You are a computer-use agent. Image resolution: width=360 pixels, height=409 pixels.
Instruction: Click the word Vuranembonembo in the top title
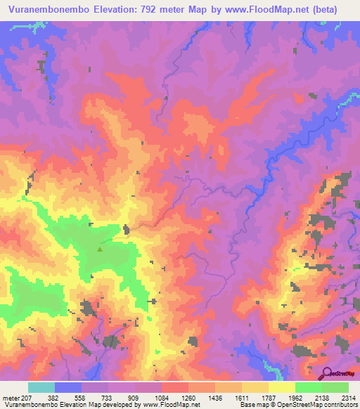pos(53,10)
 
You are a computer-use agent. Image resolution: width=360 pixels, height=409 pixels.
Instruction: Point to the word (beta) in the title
pos(321,10)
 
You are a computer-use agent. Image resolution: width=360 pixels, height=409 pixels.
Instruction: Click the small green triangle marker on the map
pos(100,248)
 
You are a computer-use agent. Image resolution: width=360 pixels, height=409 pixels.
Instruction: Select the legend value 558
pos(83,397)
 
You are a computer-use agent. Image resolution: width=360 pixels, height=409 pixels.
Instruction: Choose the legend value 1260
pos(188,397)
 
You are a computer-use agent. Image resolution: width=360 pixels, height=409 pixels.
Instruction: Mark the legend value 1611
pos(241,397)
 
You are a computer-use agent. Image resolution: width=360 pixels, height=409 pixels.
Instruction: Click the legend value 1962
pos(295,397)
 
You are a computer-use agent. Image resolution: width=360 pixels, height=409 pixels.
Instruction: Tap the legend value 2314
pos(347,397)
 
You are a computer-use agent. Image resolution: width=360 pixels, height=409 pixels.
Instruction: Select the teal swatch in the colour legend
pos(41,387)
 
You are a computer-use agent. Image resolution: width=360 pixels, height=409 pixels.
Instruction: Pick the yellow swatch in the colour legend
pos(281,387)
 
